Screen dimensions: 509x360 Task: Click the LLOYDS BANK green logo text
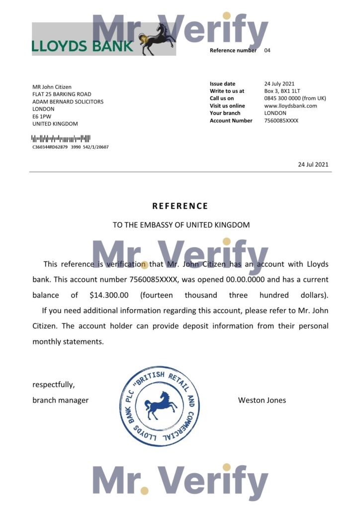[x=83, y=46]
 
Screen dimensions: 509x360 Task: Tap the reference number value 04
[x=268, y=50]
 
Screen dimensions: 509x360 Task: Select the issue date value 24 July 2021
[x=279, y=84]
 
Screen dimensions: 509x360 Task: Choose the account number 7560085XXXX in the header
[x=281, y=121]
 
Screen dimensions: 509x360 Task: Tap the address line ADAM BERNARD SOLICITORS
[x=68, y=101]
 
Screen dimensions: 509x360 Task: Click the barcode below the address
[x=61, y=138]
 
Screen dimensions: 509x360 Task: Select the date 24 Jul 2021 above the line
[x=313, y=165]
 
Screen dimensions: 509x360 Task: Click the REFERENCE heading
[x=180, y=206]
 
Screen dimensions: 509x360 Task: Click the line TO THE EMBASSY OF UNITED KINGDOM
[x=181, y=225]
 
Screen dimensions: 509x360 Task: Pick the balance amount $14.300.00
[x=109, y=295]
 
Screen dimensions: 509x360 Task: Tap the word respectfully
[x=54, y=385]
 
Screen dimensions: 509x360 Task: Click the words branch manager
[x=60, y=400]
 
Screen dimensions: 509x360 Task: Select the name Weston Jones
[x=262, y=400]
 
